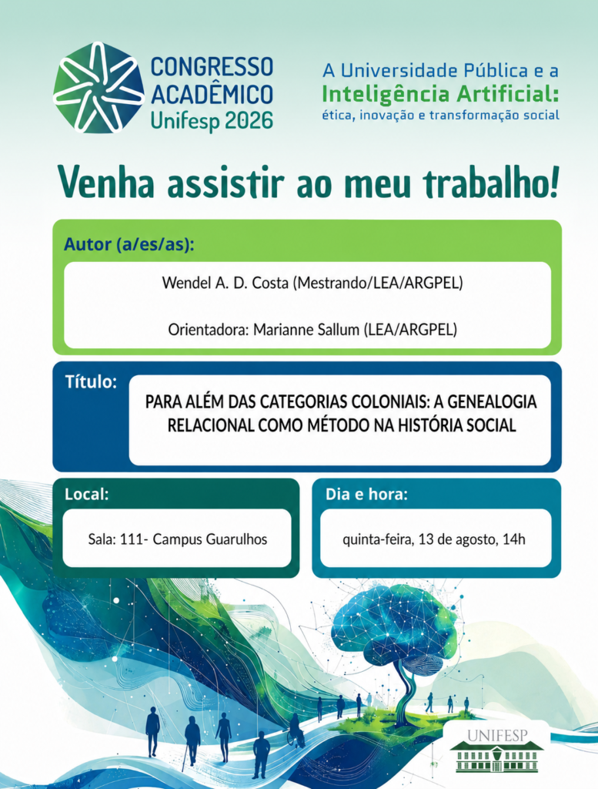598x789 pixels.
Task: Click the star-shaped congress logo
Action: pos(99,87)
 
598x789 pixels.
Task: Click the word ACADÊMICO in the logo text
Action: pos(212,93)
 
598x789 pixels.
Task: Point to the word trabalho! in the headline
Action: pos(491,183)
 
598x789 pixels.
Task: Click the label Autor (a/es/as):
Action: pos(129,244)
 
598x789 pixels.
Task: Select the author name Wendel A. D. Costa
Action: pos(226,283)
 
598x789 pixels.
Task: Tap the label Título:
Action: pos(91,382)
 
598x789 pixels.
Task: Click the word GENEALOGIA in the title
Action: pos(492,402)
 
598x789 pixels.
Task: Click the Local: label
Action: pos(86,494)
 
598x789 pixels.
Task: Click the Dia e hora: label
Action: pos(366,494)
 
